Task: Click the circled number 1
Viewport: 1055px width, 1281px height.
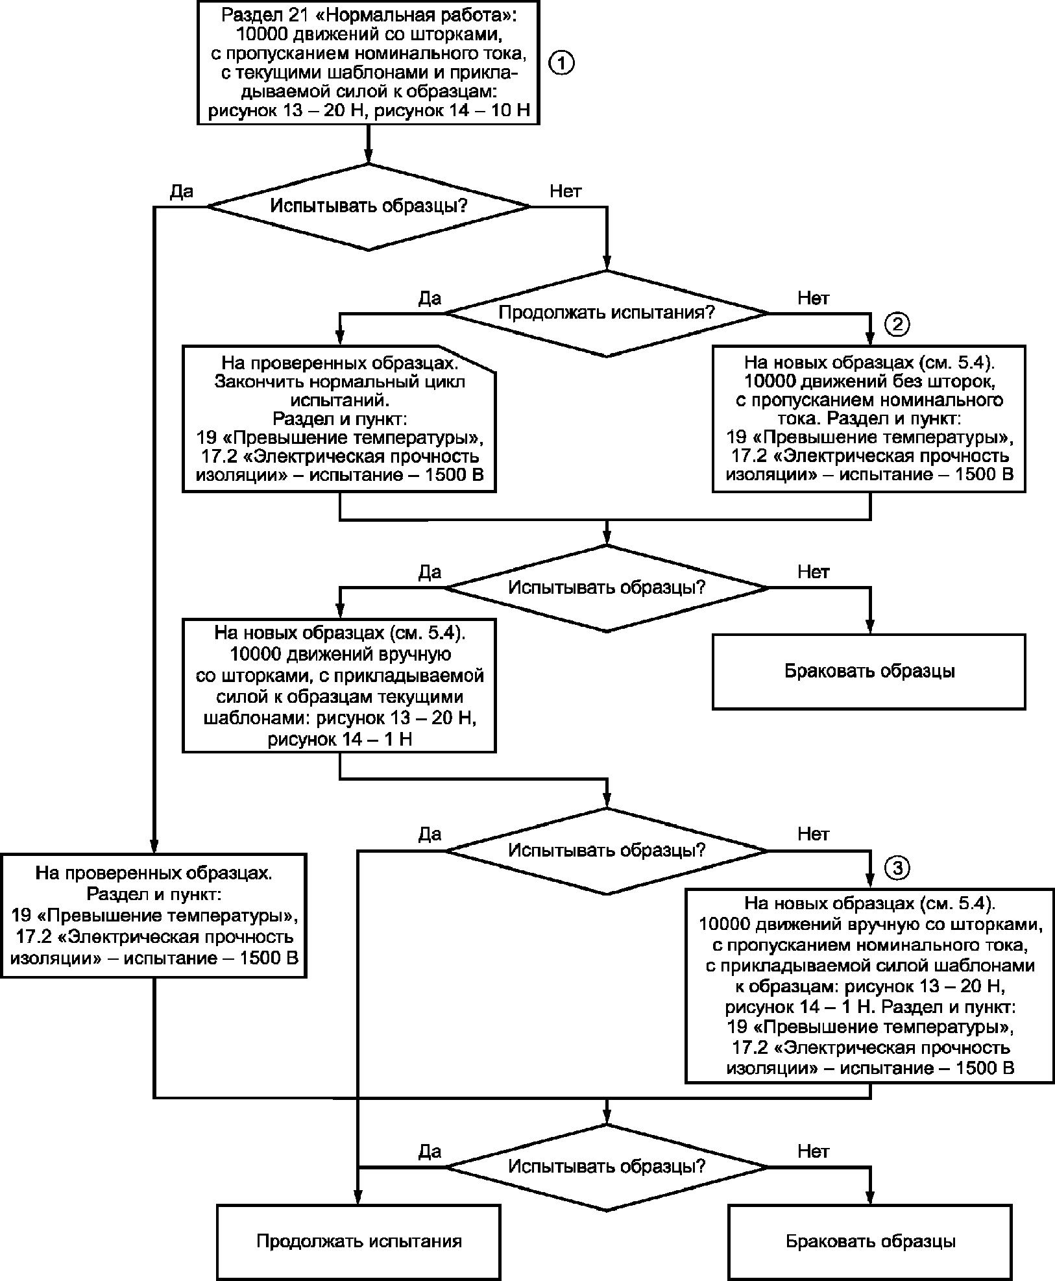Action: coord(561,64)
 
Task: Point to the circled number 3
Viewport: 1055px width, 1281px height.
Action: coord(897,869)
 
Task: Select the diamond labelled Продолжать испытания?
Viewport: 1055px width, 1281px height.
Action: coord(607,313)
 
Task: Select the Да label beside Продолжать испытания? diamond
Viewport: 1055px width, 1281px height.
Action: coord(430,298)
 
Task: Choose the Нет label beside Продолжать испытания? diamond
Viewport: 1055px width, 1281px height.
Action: coord(813,298)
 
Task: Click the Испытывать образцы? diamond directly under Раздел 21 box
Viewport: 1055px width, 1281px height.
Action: coord(369,206)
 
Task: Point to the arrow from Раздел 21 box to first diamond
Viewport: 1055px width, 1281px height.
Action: coord(369,143)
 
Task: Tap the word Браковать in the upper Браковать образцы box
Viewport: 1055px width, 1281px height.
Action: coord(826,670)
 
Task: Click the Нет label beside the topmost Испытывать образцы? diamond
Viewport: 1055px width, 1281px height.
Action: coord(566,191)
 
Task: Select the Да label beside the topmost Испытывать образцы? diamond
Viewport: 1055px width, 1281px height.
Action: coord(181,191)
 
